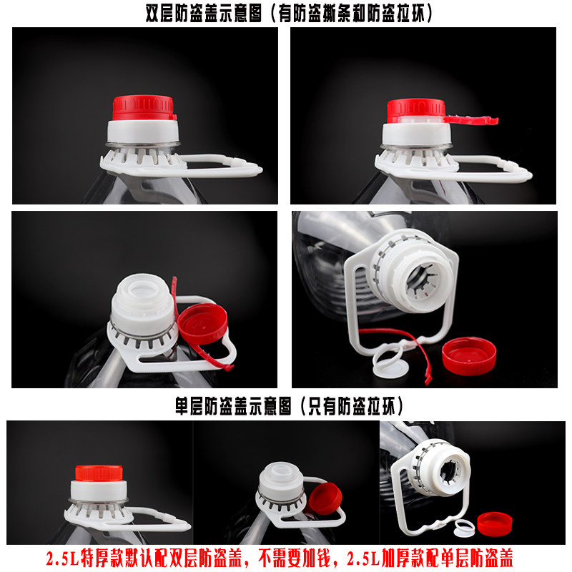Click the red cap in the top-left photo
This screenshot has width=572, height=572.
(144, 108)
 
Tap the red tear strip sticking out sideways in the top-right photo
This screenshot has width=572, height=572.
(471, 120)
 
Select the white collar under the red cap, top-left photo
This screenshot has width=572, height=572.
(143, 132)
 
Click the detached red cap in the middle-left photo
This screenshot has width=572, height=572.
(203, 323)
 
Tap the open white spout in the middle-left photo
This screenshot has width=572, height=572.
(142, 302)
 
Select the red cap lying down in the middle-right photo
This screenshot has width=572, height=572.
(469, 355)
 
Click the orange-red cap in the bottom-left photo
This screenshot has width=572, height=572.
(99, 473)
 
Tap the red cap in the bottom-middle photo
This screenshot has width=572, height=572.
(325, 498)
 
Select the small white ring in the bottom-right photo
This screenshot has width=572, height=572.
(464, 528)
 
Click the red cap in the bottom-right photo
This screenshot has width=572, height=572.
(495, 524)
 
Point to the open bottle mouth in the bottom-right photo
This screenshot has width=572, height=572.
(451, 473)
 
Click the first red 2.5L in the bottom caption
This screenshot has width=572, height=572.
(62, 558)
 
